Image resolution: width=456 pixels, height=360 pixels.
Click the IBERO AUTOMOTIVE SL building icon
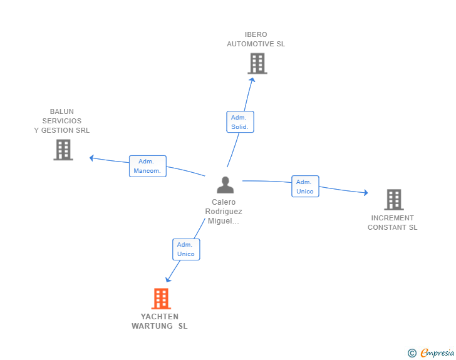(257, 63)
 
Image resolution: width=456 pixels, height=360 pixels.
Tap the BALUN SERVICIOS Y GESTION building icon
(63, 150)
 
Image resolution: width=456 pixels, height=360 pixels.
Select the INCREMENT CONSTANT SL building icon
(393, 200)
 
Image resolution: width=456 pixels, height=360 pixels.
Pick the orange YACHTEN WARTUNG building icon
(161, 299)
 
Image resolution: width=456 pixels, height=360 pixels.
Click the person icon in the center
(225, 185)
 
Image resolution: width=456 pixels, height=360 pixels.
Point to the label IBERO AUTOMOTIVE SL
(256, 39)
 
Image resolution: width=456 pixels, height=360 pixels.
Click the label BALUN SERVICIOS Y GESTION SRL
(62, 121)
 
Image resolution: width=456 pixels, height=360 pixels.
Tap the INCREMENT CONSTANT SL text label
(392, 223)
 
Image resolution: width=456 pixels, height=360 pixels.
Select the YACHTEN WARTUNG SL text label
(159, 321)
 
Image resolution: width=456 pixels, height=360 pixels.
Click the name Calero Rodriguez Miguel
(224, 212)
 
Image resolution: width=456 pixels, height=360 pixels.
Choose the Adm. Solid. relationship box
(239, 122)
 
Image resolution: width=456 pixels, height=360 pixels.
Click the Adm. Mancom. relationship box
(147, 166)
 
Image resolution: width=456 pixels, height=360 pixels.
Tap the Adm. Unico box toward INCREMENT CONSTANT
(305, 187)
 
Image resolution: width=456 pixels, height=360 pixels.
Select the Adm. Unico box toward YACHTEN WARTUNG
(186, 249)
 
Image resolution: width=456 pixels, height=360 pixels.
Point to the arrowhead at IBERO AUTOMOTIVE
(252, 80)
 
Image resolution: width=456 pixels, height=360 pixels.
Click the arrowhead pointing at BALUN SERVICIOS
(92, 158)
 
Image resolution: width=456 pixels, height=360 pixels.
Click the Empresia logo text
(437, 353)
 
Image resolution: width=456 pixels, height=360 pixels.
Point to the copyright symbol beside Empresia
(412, 353)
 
